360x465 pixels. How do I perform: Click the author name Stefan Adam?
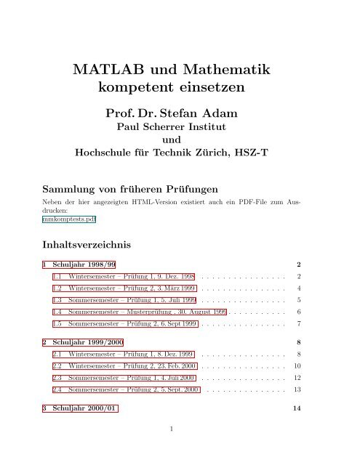(196, 113)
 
